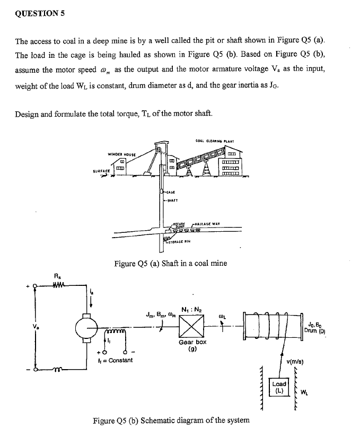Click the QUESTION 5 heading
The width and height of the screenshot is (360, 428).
click(39, 14)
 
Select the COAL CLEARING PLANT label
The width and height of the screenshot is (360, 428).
click(211, 125)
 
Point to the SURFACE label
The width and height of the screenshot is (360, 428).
click(101, 155)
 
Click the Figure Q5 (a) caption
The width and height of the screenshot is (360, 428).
click(171, 264)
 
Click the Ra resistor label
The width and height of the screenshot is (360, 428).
click(58, 275)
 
